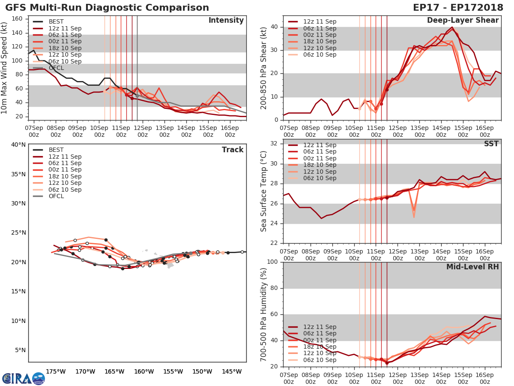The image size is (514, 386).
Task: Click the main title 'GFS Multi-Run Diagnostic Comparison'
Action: pos(107,8)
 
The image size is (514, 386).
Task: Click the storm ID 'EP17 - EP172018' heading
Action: pos(458,8)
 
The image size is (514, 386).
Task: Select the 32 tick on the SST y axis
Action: pos(274,144)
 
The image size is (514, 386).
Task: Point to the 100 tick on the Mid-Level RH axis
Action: pos(272,262)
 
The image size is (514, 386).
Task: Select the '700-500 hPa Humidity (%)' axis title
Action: pos(264,314)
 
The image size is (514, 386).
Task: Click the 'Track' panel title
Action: pos(232,150)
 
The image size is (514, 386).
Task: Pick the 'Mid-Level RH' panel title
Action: pos(472,267)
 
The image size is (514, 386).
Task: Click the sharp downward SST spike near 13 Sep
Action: pos(414,216)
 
